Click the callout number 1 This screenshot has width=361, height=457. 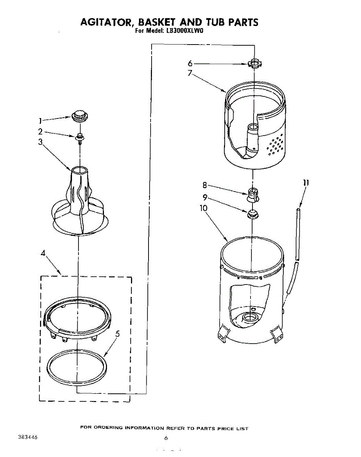click(40, 121)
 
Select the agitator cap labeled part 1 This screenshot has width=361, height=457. click(79, 114)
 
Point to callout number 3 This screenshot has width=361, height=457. click(40, 142)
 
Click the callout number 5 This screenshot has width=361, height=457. click(118, 334)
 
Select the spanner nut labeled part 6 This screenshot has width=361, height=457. click(254, 63)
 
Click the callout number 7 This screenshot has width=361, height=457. click(190, 73)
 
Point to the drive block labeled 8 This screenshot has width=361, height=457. click(253, 193)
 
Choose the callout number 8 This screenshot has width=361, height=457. click(204, 185)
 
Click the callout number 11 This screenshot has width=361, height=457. click(306, 183)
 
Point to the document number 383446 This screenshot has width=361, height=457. click(27, 437)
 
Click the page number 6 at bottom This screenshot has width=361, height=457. click(166, 438)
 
